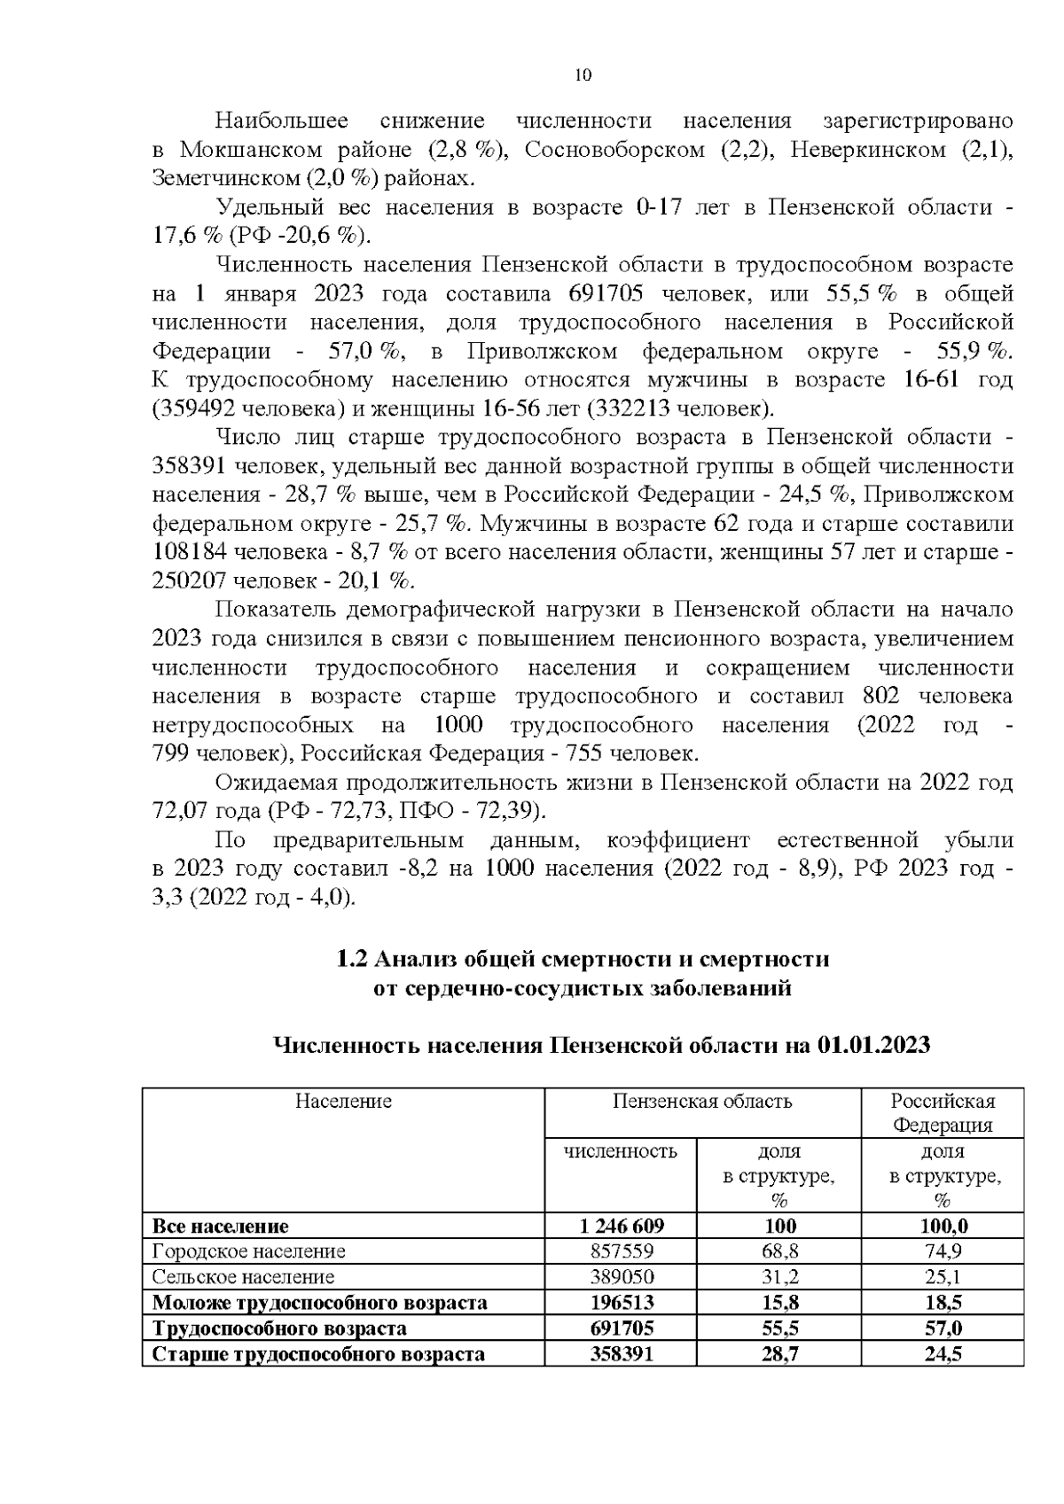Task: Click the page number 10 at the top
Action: tap(583, 75)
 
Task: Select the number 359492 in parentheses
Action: tap(200, 409)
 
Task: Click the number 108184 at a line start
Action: tap(191, 552)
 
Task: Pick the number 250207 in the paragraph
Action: tap(191, 581)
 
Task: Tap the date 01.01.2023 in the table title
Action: tap(874, 1044)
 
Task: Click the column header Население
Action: tap(343, 1101)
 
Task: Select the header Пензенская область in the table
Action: tap(702, 1101)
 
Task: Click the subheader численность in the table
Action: tap(621, 1151)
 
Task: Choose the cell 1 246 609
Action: tap(621, 1226)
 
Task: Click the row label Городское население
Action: tap(249, 1251)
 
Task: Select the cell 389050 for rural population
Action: tap(621, 1277)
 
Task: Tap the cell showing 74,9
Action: tap(943, 1251)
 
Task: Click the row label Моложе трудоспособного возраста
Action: tap(320, 1303)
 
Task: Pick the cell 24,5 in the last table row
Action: tap(943, 1354)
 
